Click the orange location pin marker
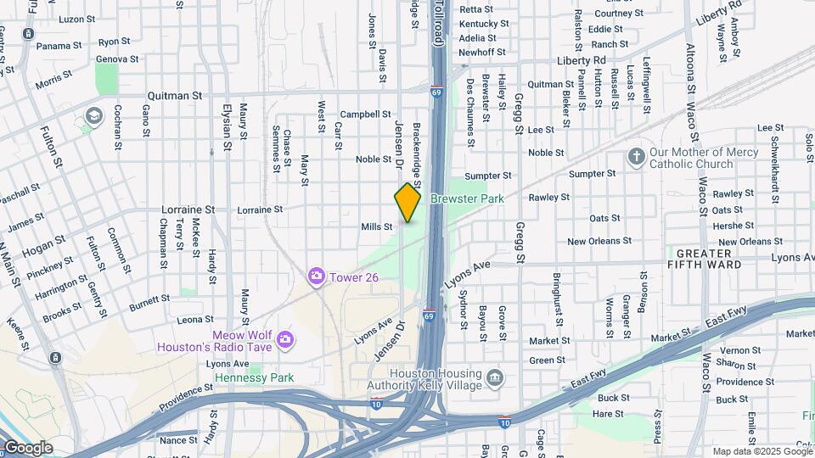[407, 204]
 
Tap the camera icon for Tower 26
[317, 276]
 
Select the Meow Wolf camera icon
[285, 339]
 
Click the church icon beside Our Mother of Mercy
[636, 157]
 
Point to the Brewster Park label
[467, 198]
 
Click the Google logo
[27, 447]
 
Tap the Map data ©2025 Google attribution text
[762, 451]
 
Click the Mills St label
[377, 226]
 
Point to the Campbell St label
[364, 114]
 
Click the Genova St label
[117, 59]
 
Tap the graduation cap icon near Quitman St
[93, 114]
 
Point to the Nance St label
[177, 440]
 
